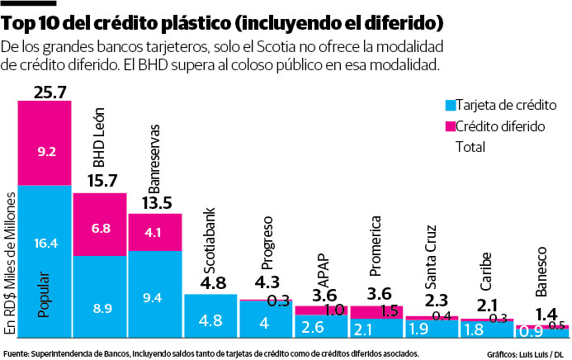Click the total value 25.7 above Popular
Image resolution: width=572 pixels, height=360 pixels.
[45, 92]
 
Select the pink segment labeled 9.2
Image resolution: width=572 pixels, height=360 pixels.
[45, 151]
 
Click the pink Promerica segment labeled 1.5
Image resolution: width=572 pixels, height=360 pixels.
[376, 311]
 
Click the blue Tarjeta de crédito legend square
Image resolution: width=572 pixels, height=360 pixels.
[451, 106]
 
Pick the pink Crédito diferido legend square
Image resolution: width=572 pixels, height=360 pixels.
[451, 126]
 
